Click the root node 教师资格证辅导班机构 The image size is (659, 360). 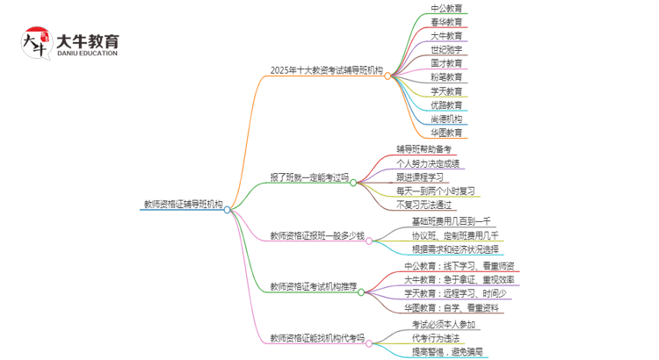183,205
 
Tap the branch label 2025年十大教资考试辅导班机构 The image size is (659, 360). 327,70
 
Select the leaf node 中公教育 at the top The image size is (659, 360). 446,8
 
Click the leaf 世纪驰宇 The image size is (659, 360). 446,49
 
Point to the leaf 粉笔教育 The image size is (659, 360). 446,77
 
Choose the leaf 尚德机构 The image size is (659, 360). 446,119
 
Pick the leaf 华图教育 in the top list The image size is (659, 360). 446,133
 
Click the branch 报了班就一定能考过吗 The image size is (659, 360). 309,176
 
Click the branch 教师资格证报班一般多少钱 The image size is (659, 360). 316,236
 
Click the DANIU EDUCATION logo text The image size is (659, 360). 86,53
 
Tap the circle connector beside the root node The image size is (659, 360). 228,210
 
